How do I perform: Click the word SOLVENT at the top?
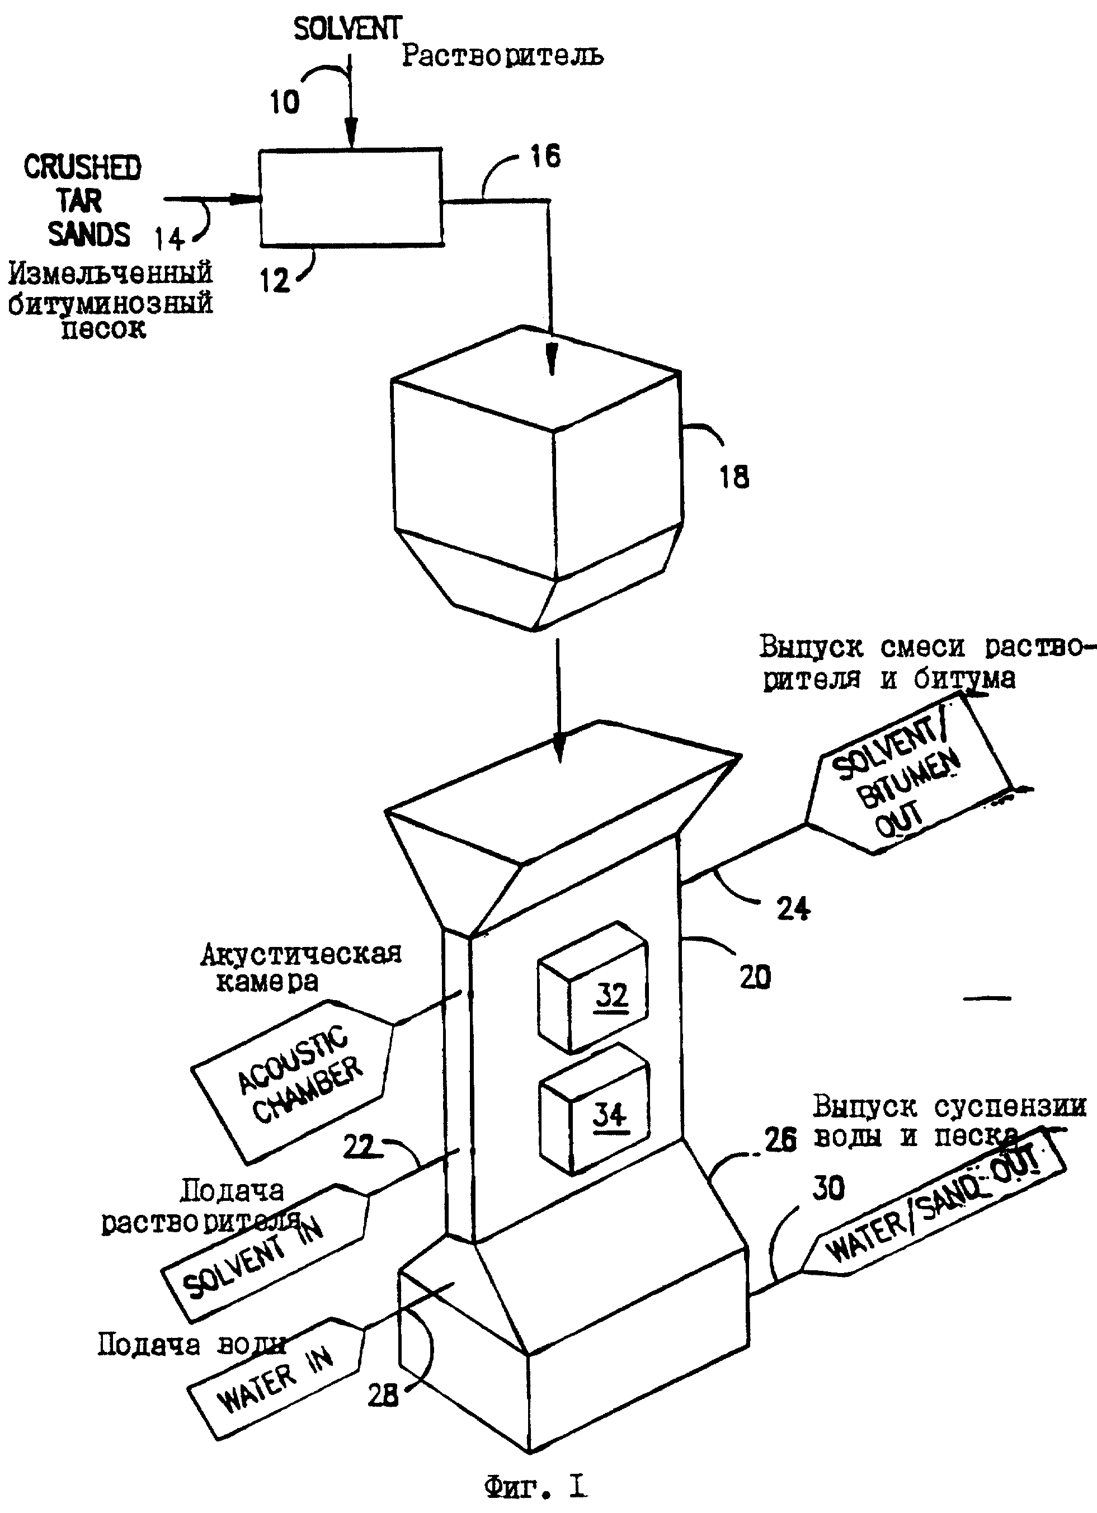(x=347, y=29)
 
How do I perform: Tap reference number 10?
(x=284, y=102)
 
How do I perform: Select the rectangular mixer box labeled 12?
(x=351, y=197)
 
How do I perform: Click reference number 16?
(x=545, y=156)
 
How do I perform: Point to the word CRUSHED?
(x=83, y=167)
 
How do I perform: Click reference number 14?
(x=170, y=238)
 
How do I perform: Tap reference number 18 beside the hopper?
(x=735, y=477)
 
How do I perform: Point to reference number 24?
(x=793, y=908)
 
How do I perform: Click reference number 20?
(x=755, y=977)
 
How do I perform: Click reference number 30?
(x=828, y=1187)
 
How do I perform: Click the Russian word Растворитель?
(x=502, y=55)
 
